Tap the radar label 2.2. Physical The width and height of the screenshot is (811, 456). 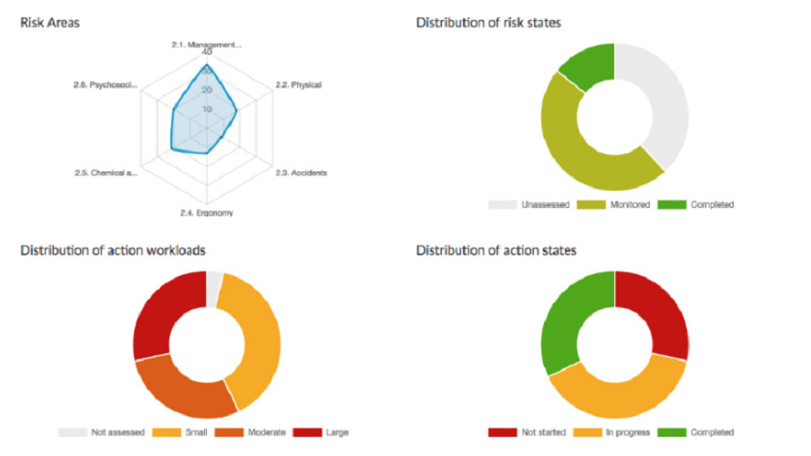pos(298,86)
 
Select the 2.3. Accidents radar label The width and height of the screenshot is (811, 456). pos(301,172)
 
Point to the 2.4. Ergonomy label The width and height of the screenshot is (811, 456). pos(207,213)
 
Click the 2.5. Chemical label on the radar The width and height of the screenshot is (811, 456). pos(106,172)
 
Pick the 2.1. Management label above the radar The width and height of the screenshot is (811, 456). pos(207,44)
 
